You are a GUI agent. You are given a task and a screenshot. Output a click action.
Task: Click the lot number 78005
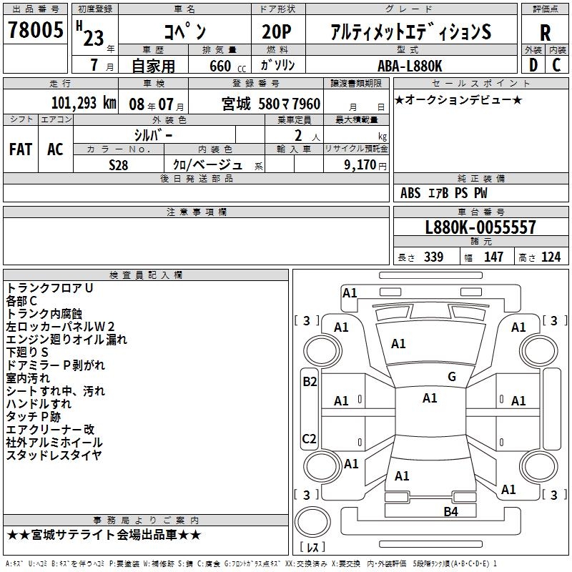pyautogui.click(x=36, y=31)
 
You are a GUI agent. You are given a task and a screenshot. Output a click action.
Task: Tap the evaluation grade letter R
pyautogui.click(x=545, y=32)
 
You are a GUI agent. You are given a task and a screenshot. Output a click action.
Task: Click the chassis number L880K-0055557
pyautogui.click(x=480, y=228)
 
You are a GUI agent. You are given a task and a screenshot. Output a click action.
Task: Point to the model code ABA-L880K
pyautogui.click(x=410, y=65)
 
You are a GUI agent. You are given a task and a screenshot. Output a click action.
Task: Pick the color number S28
pyautogui.click(x=119, y=165)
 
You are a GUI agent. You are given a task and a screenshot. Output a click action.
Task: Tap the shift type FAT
pyautogui.click(x=21, y=149)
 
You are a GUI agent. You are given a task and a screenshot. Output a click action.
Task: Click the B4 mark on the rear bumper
pyautogui.click(x=450, y=511)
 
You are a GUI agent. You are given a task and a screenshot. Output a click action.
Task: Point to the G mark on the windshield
pyautogui.click(x=451, y=377)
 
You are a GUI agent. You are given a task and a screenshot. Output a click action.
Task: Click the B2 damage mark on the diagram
pyautogui.click(x=310, y=382)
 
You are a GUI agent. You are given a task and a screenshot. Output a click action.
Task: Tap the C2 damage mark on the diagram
pyautogui.click(x=310, y=438)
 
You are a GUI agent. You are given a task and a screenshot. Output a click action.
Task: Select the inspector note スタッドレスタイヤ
pyautogui.click(x=54, y=455)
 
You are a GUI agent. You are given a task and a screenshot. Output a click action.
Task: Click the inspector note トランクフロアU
pyautogui.click(x=50, y=288)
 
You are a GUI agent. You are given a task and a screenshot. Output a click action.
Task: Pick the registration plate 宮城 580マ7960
pyautogui.click(x=271, y=104)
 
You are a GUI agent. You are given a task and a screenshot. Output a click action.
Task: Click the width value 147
pyautogui.click(x=493, y=257)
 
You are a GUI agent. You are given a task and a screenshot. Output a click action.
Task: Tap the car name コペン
pyautogui.click(x=184, y=32)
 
